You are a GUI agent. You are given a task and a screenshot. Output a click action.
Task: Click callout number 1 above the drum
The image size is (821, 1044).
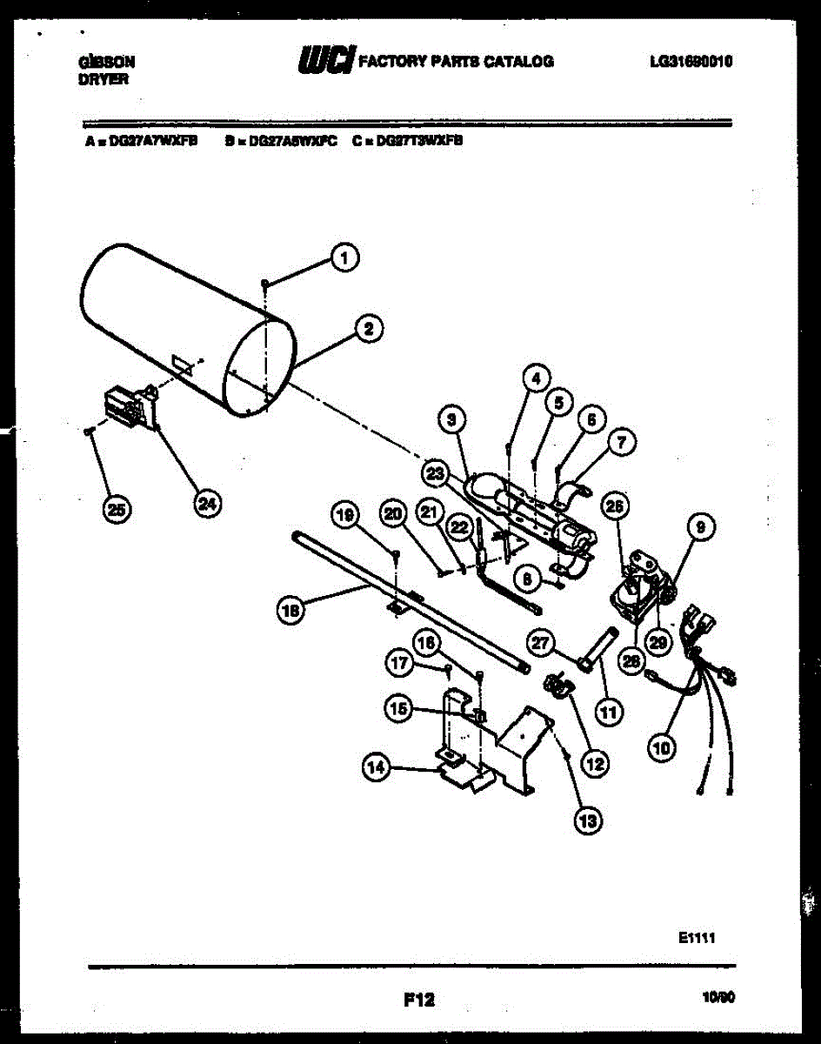pyautogui.click(x=345, y=258)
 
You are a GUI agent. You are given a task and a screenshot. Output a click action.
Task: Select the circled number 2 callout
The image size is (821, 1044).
pyautogui.click(x=369, y=329)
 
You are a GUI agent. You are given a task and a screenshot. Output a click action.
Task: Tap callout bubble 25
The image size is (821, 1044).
pyautogui.click(x=116, y=509)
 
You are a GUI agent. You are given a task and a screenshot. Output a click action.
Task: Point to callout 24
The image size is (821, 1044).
pyautogui.click(x=207, y=503)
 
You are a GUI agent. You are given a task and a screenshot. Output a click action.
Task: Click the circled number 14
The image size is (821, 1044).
pyautogui.click(x=376, y=766)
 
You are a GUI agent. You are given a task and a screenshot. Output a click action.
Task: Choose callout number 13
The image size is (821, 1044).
pyautogui.click(x=589, y=819)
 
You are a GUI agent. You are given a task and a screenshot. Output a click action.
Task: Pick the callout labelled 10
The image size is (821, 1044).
pyautogui.click(x=663, y=746)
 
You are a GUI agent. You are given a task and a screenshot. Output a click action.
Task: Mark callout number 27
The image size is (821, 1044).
pyautogui.click(x=542, y=643)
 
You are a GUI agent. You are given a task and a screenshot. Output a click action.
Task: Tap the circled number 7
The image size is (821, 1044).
pyautogui.click(x=622, y=443)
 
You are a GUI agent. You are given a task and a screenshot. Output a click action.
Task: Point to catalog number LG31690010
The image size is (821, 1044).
pyautogui.click(x=691, y=62)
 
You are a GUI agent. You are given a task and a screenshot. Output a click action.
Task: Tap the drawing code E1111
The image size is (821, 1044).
pyautogui.click(x=698, y=938)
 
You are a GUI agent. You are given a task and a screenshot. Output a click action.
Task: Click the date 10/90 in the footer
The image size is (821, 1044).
pyautogui.click(x=718, y=1000)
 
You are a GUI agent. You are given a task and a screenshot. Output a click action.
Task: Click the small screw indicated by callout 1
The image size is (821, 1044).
pyautogui.click(x=265, y=282)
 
